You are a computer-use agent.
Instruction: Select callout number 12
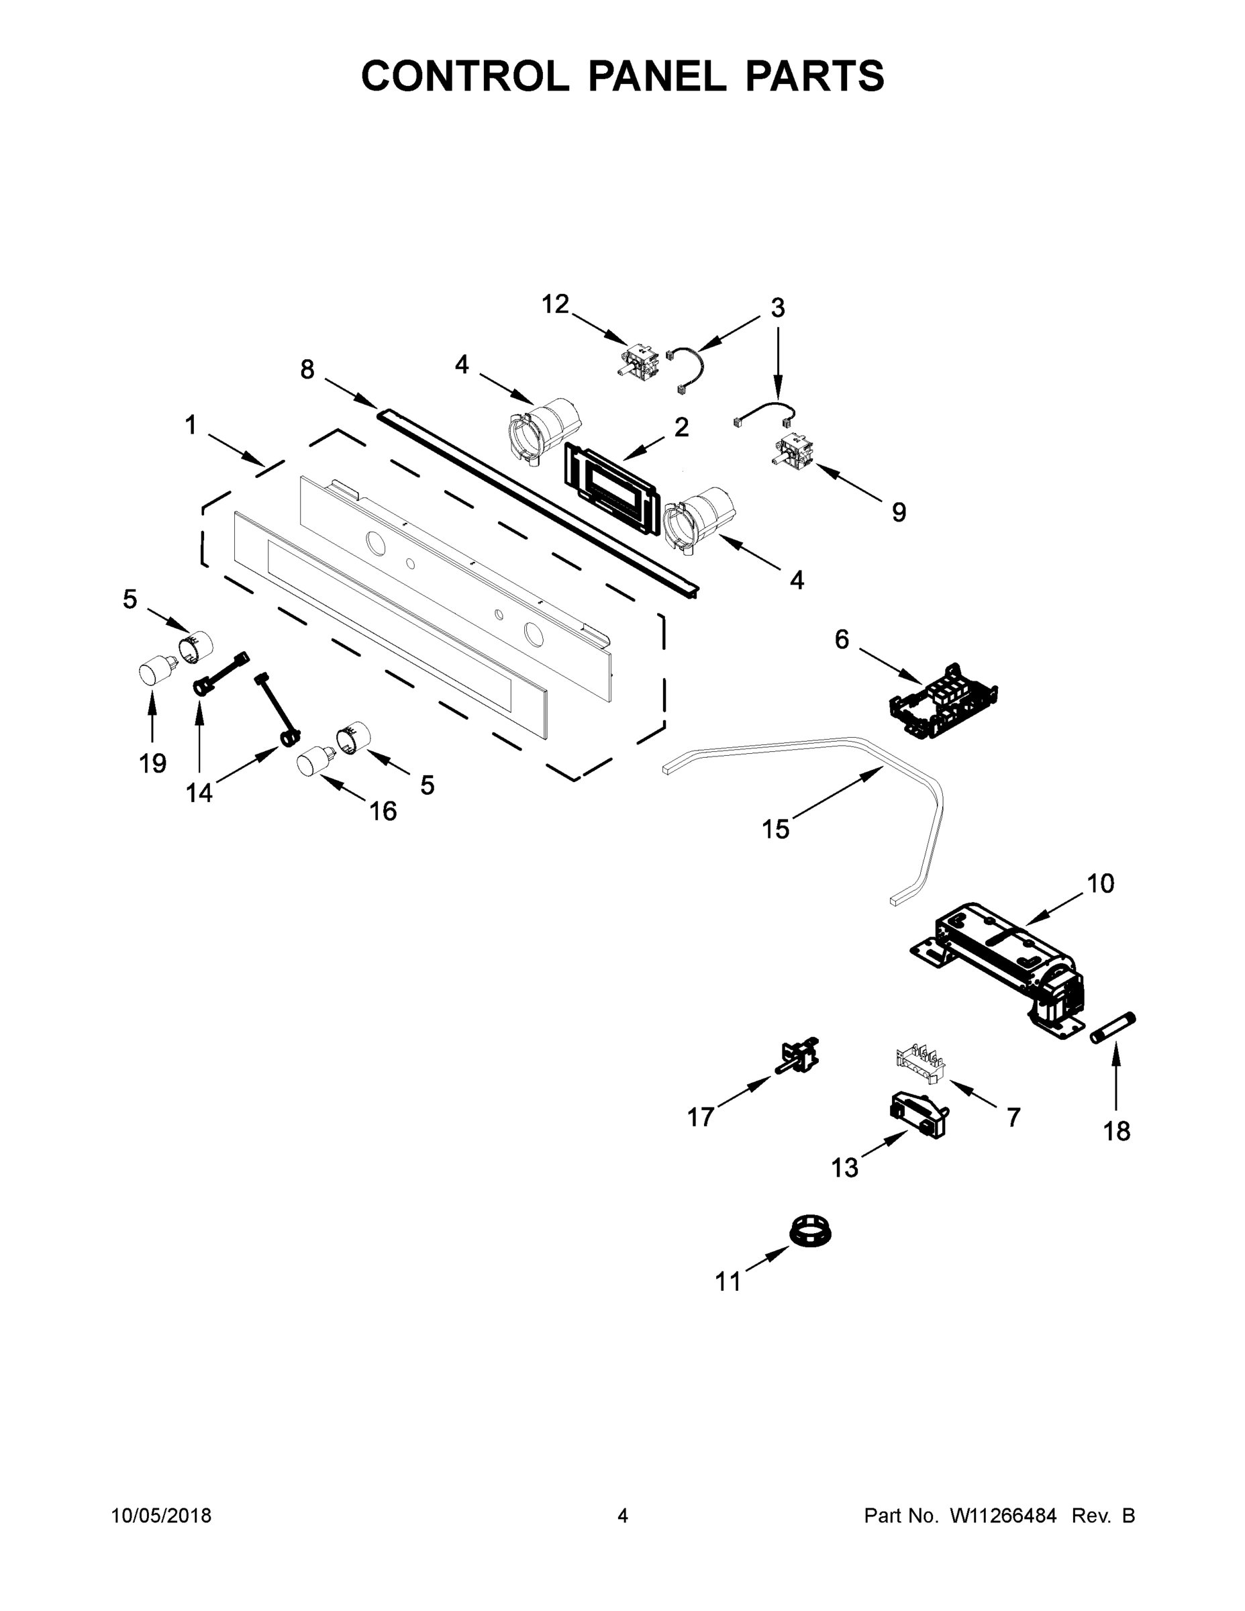pos(555,303)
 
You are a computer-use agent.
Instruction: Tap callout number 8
pos(307,369)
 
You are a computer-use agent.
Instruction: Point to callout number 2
pos(681,426)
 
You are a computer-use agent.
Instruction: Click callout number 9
pos(899,512)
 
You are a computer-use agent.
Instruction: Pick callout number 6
pos(842,639)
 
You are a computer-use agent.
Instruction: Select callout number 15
pos(775,829)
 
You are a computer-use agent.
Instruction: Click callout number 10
pos(1101,883)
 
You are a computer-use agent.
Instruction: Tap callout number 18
pos(1116,1131)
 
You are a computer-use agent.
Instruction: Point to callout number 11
pos(728,1282)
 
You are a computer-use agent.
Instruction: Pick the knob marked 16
pos(313,761)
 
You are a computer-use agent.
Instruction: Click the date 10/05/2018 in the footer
pos(161,1516)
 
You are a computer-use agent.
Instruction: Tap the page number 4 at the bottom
pos(623,1516)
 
